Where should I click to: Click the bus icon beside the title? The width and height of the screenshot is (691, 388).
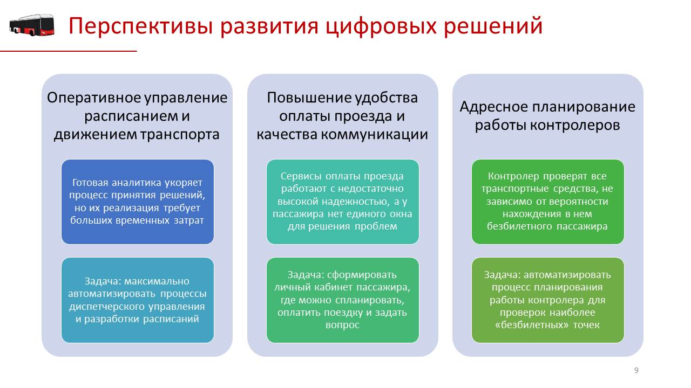click(x=32, y=25)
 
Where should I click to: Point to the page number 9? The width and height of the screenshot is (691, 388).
click(x=636, y=370)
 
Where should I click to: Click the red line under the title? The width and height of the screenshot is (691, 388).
click(x=68, y=51)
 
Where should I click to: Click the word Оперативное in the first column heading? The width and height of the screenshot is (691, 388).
click(x=94, y=98)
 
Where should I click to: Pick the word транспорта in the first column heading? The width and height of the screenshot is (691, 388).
click(x=180, y=135)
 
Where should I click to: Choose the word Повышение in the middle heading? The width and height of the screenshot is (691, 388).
click(x=308, y=98)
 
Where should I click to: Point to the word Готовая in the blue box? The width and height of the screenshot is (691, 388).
click(x=90, y=183)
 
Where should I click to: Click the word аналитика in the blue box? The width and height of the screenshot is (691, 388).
click(x=136, y=183)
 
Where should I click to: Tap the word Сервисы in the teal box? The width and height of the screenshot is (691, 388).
click(x=301, y=176)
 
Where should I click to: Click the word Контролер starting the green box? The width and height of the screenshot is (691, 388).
click(x=513, y=176)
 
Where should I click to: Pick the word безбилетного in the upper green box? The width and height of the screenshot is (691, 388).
click(x=520, y=226)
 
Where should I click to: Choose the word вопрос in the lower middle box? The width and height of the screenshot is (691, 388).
click(x=342, y=325)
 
